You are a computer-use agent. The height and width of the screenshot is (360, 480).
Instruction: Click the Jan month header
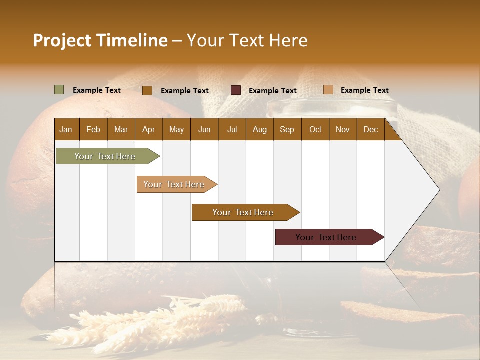[66, 130]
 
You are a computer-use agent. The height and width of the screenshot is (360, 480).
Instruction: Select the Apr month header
[148, 130]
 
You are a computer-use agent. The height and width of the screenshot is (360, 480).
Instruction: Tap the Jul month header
[232, 130]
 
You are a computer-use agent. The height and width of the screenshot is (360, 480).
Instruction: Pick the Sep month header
[287, 130]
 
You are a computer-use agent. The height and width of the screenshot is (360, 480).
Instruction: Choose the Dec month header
[370, 130]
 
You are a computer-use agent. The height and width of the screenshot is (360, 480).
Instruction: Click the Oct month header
[315, 130]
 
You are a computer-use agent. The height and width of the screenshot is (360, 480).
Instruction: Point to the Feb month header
[93, 130]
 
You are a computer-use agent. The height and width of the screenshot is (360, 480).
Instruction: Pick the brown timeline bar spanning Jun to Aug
[243, 212]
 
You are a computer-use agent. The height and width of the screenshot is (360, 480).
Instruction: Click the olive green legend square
[59, 90]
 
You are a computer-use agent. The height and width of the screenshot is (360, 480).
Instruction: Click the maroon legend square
[236, 90]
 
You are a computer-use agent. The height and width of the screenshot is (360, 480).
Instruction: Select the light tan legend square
[328, 90]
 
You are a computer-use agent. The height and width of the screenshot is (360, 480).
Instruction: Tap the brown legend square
[147, 90]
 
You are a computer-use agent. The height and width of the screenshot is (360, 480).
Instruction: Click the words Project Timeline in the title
[100, 40]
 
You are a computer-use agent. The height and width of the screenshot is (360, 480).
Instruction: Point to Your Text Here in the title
[247, 40]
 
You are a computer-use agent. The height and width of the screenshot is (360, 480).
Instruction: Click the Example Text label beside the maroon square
[272, 91]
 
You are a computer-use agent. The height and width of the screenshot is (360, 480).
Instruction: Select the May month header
[176, 130]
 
